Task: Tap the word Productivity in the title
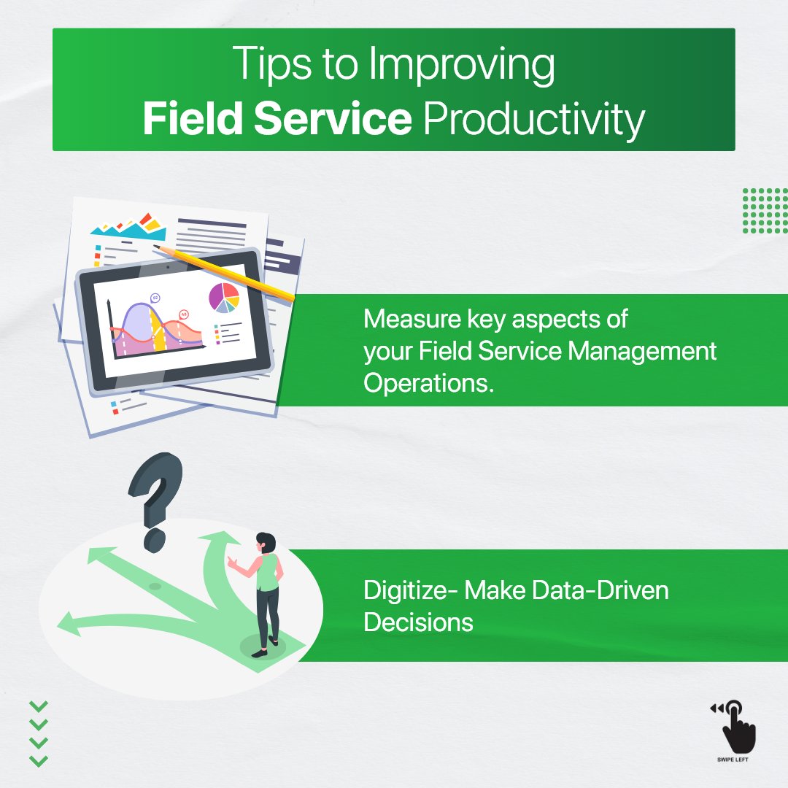click(x=534, y=120)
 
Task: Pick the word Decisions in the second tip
click(x=419, y=622)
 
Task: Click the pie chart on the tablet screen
click(x=224, y=297)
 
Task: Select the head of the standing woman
click(x=266, y=543)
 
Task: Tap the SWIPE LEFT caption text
click(x=733, y=760)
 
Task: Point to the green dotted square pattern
click(x=765, y=211)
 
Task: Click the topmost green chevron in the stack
click(x=39, y=706)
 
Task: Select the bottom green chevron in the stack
click(x=39, y=761)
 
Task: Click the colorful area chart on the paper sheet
click(x=128, y=228)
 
